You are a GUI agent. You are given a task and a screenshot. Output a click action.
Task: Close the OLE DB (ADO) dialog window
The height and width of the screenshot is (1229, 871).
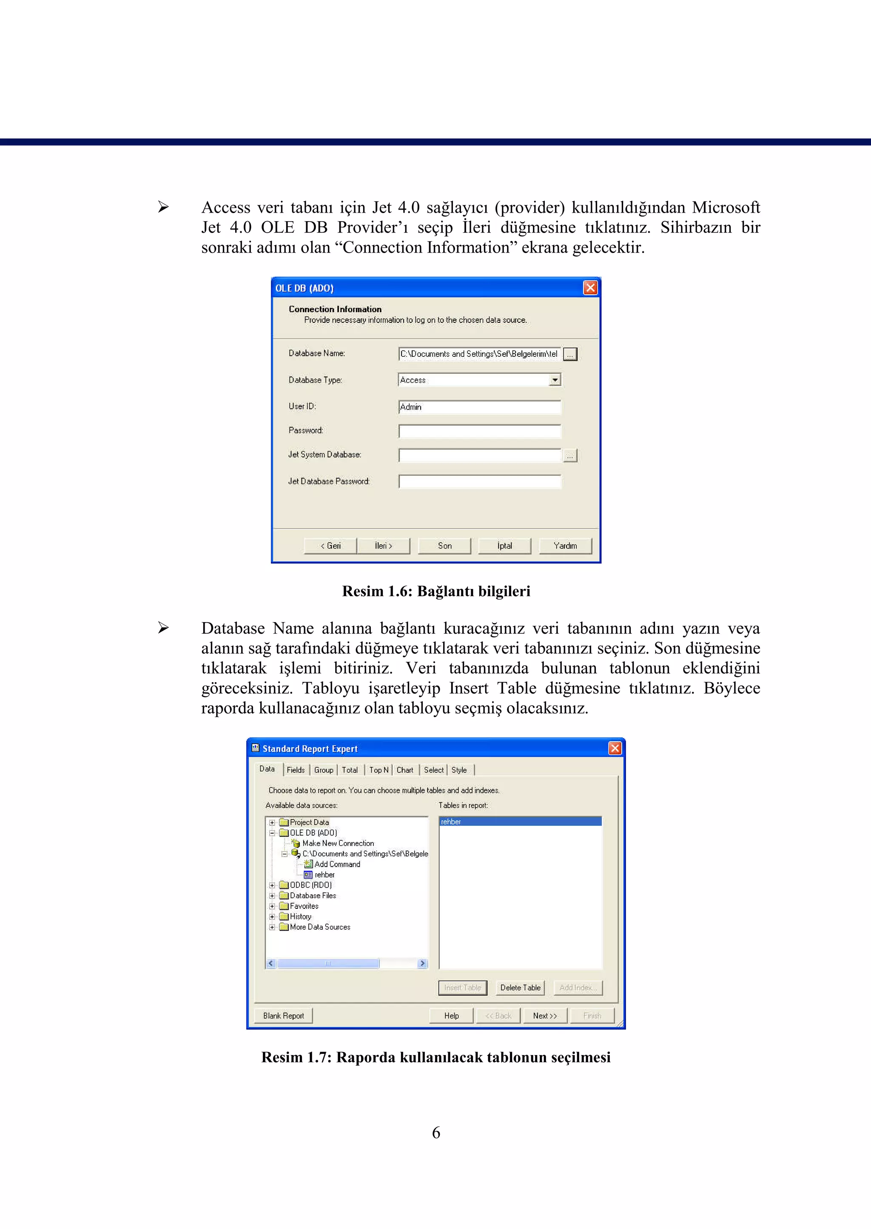point(590,288)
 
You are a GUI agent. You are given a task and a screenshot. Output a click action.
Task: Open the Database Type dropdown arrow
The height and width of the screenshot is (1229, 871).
point(555,380)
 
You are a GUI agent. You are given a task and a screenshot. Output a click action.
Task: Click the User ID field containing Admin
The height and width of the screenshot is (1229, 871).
point(479,407)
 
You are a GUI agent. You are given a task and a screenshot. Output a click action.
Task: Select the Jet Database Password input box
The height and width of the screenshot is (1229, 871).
point(479,481)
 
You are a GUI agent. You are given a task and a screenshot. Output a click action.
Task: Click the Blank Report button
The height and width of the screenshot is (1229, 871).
point(283,1016)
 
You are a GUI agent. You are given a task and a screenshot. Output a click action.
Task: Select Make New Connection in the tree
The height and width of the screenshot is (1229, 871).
point(338,843)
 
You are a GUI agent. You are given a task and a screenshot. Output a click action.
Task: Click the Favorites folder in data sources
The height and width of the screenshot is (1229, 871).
point(304,906)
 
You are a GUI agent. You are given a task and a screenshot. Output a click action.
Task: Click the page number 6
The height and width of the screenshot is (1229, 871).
point(436,1132)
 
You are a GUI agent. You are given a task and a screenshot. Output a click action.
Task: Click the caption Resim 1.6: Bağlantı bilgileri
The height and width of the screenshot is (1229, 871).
point(436,592)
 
